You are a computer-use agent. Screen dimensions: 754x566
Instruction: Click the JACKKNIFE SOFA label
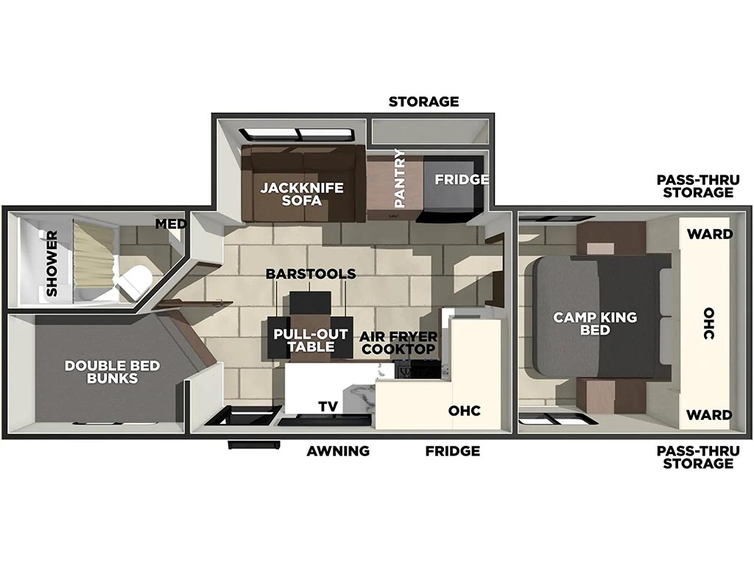coord(302,194)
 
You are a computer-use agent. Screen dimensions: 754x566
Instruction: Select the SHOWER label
coord(52,263)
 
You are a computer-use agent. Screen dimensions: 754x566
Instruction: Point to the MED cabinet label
coord(171,224)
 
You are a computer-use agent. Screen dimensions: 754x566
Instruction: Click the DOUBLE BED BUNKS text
coord(112,371)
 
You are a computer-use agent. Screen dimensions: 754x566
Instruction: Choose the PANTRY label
coord(400,178)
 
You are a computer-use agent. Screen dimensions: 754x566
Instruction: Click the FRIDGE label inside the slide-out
coord(462,180)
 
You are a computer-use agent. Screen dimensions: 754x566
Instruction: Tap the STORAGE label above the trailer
coord(423,102)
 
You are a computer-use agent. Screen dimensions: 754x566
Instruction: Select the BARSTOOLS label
coord(311,274)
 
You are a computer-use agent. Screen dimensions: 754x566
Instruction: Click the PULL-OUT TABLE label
coord(311,340)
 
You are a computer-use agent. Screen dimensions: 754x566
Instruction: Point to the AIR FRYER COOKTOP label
coord(398,343)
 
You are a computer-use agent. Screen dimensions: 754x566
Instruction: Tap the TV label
coord(328,407)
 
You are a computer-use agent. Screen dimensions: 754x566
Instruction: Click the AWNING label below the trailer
coord(338,451)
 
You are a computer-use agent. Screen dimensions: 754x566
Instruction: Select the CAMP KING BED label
coord(595,324)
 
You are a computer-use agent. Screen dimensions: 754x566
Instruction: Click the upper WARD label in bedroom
coord(710,234)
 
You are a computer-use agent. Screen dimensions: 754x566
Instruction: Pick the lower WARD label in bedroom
coord(709,414)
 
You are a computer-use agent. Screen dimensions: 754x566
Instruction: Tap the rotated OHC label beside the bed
coord(709,324)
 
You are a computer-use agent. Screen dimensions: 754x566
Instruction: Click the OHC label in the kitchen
coord(464,410)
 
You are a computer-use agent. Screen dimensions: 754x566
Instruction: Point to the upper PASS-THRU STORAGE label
coord(698,186)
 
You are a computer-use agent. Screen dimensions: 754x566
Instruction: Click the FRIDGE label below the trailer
coord(453,451)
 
